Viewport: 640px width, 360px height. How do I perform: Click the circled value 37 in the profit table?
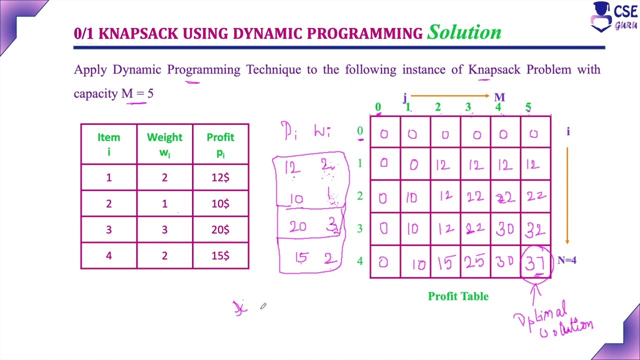(535, 262)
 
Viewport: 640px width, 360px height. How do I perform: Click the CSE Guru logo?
(613, 17)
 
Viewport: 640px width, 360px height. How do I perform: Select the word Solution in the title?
(464, 32)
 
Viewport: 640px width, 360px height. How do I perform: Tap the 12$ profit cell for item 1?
(220, 177)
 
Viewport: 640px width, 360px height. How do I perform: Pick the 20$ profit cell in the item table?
(220, 229)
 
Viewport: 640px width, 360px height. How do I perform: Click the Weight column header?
(164, 144)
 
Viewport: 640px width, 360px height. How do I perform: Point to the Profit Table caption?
(458, 296)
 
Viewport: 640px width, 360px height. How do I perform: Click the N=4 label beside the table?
(566, 260)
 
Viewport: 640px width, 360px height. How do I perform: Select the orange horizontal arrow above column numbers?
(449, 95)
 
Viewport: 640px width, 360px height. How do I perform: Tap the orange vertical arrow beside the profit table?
(567, 195)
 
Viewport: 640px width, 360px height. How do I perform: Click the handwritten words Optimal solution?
(552, 320)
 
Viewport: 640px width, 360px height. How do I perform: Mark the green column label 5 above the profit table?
(528, 107)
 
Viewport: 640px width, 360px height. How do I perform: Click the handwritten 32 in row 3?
(535, 229)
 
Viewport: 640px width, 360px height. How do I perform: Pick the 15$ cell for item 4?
(220, 255)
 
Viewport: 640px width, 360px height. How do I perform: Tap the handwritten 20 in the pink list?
(297, 227)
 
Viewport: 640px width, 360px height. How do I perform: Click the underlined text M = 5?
(137, 94)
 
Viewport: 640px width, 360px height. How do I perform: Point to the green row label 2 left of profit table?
(359, 196)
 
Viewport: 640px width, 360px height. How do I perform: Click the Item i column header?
(108, 144)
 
